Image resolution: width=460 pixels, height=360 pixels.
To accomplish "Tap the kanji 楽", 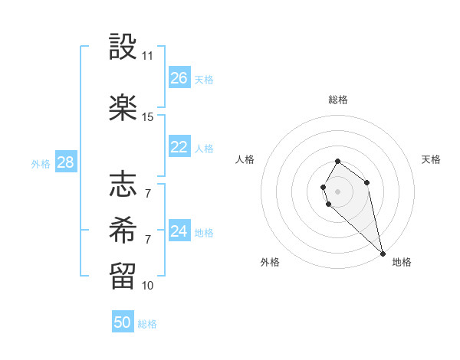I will coord(123,107).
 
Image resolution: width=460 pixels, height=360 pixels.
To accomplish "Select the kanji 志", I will coord(123,184).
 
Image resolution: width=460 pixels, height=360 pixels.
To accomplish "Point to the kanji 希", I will coord(123,228).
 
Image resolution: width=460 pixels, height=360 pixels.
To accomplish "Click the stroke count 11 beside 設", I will coord(148,56).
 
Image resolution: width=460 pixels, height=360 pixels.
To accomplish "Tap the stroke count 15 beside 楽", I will coord(148,117).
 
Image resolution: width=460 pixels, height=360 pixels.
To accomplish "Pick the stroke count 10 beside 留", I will coord(148,286).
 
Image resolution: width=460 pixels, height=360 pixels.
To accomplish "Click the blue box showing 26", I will coord(179,78).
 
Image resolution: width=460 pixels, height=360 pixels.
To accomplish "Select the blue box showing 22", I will coord(179,147).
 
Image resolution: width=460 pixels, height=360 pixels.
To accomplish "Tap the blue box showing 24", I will coord(179,231).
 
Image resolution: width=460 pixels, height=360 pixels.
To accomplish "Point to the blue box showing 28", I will coord(65,162).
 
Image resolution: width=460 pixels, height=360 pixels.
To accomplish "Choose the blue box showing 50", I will coord(123,322).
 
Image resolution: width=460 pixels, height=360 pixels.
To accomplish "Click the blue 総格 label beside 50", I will coord(147,324).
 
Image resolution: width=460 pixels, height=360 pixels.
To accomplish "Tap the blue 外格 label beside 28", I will coord(41,163).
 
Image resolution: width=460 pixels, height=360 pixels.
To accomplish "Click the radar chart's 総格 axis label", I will coord(338,100).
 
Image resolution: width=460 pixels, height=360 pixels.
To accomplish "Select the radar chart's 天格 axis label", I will coord(432,159).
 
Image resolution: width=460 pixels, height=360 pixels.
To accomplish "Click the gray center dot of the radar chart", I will coord(338,191).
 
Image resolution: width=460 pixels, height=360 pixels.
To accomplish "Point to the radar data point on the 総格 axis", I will coord(338,162).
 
